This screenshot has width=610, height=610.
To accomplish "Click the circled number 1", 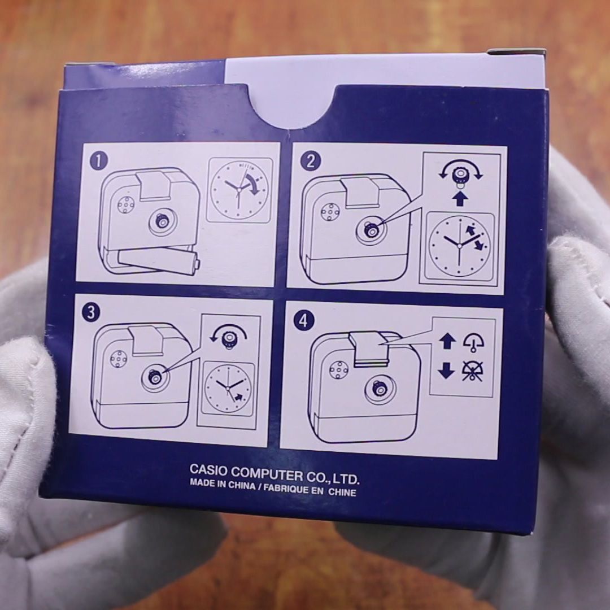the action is pyautogui.click(x=99, y=161).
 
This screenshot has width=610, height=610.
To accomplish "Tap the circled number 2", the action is pyautogui.click(x=311, y=160).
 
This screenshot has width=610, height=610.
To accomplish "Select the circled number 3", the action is pyautogui.click(x=91, y=312).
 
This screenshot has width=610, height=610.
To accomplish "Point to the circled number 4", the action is pyautogui.click(x=304, y=321).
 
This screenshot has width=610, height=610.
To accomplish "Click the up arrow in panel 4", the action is pyautogui.click(x=447, y=341).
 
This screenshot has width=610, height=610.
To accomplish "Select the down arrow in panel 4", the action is pyautogui.click(x=446, y=370).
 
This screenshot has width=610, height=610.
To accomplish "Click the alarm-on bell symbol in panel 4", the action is pyautogui.click(x=473, y=342).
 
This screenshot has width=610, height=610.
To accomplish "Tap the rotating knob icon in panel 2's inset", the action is pyautogui.click(x=460, y=176).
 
